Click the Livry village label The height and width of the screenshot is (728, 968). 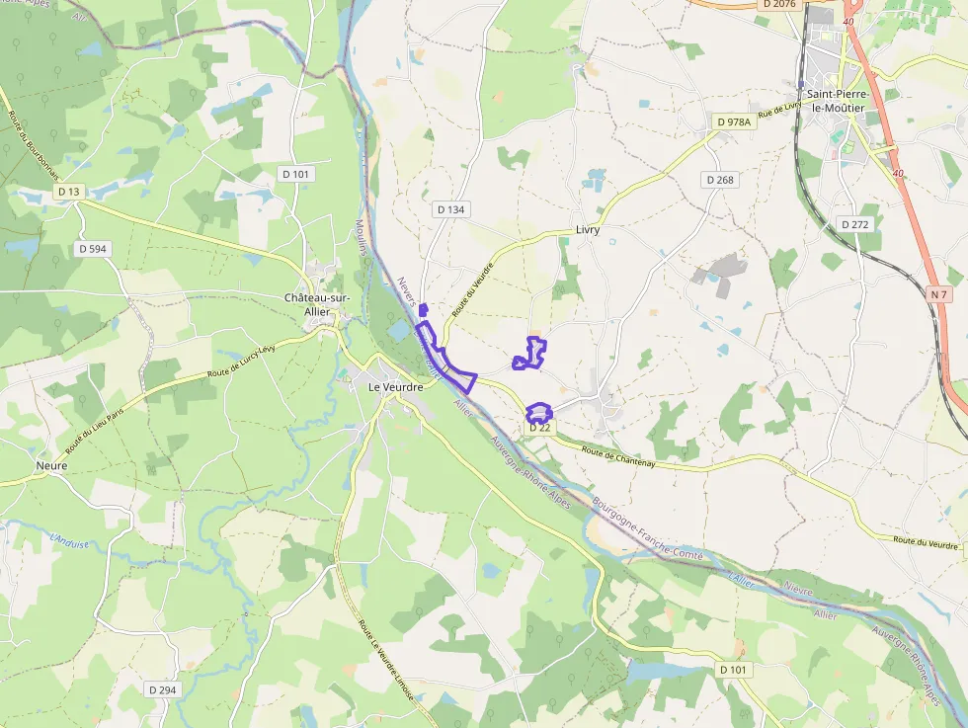pos(588,230)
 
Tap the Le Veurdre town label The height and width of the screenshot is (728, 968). pos(395,387)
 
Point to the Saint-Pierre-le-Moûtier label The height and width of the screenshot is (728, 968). pos(836,101)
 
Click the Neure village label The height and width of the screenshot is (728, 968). pos(51,464)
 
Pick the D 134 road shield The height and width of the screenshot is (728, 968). pos(449,209)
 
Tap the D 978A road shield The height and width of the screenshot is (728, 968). pos(734,121)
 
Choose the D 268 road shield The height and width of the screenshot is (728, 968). pos(720,180)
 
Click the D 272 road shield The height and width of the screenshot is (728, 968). pos(855,224)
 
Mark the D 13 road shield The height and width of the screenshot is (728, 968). pos(68,191)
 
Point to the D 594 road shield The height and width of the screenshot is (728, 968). pos(91,249)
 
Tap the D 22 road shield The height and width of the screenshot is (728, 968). pos(539,428)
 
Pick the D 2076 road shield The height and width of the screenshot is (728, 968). pos(779,5)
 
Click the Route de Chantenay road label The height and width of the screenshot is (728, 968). pos(619,456)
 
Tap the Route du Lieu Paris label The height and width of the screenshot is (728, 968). pos(102,433)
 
